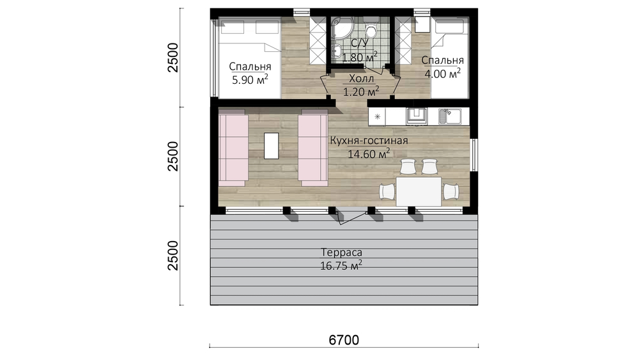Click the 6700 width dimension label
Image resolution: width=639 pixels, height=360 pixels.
[344, 340]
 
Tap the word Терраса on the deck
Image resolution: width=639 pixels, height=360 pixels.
[341, 253]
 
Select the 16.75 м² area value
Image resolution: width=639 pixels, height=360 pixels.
[341, 266]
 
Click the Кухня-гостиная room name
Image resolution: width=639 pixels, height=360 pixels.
[369, 141]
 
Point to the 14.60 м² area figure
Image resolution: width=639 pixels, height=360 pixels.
[369, 153]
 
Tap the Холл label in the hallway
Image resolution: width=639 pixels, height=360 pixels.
[362, 78]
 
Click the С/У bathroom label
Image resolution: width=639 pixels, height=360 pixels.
[359, 43]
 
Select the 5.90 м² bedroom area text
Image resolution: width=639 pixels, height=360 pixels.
[250, 79]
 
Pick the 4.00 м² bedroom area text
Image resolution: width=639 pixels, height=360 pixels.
[443, 74]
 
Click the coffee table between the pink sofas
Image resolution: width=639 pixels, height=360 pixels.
[272, 146]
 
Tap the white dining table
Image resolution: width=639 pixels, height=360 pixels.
[419, 191]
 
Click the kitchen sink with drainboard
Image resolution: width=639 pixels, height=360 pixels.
[450, 116]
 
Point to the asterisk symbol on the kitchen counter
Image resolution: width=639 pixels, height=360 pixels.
[378, 116]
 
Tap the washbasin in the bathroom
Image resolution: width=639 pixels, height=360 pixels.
[337, 51]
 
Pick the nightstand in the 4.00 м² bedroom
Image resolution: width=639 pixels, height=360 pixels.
[422, 25]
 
